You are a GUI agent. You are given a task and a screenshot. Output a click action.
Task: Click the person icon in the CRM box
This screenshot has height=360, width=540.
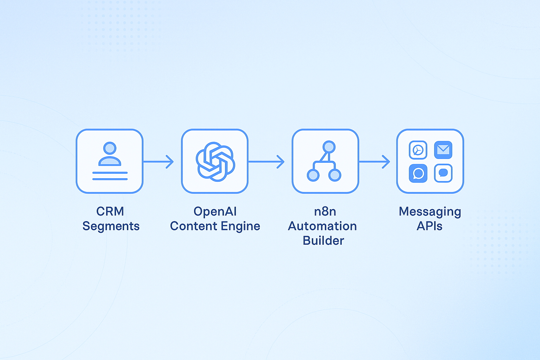(110, 154)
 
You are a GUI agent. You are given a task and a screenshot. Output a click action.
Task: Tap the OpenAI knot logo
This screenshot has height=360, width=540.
(215, 162)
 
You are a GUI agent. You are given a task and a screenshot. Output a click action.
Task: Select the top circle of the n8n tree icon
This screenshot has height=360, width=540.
(329, 147)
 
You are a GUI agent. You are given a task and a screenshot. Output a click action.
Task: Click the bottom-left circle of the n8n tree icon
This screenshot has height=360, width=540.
(313, 175)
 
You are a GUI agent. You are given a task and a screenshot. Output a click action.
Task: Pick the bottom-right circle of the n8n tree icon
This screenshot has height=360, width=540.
(335, 175)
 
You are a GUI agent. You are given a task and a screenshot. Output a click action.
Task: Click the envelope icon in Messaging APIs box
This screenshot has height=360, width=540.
(443, 150)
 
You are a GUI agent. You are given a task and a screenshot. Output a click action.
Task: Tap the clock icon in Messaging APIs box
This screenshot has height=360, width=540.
(418, 150)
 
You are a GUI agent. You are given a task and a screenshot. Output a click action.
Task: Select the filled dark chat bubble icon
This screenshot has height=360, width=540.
(418, 173)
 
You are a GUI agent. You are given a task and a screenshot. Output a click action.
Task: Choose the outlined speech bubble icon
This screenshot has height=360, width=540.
(443, 173)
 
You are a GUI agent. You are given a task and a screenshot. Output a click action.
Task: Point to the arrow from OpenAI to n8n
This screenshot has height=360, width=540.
(266, 162)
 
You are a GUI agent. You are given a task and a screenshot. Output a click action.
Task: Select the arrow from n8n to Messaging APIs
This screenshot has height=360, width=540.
(374, 162)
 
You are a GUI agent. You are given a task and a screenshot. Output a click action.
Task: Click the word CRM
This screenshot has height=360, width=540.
(110, 212)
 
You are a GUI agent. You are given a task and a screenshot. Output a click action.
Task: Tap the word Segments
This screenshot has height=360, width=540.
(111, 226)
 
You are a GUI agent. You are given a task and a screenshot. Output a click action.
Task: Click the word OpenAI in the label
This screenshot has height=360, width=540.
(215, 212)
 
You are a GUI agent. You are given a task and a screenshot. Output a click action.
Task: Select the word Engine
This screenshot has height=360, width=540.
(240, 226)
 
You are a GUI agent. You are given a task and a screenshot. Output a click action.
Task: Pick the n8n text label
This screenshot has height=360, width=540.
(325, 212)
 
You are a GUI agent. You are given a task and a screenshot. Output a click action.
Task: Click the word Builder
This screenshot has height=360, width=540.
(323, 240)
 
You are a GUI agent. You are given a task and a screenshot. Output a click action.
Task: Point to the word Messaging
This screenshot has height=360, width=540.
(430, 212)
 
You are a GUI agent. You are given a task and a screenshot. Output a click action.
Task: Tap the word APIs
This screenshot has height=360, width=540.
(430, 226)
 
